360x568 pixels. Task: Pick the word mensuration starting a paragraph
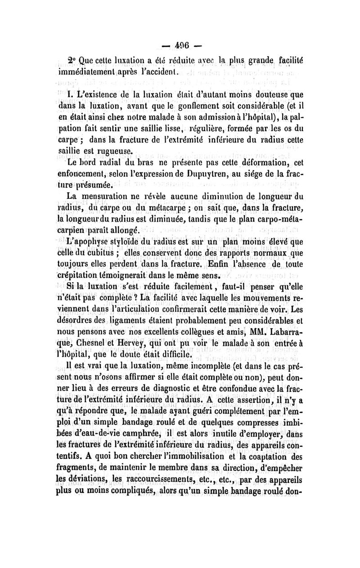pyautogui.click(x=103, y=196)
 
